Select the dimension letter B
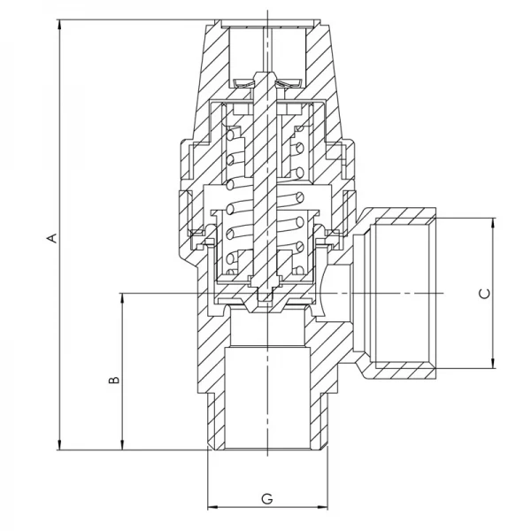(112, 380)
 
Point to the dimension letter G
(266, 499)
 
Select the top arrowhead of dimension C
(491, 220)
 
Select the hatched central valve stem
(265, 177)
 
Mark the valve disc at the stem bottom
(265, 296)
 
